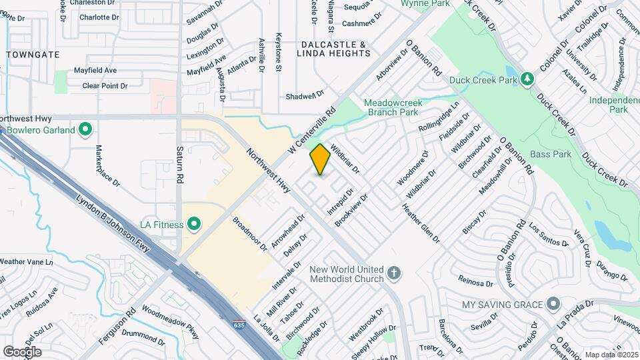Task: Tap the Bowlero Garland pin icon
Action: [85, 130]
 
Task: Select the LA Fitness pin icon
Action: [194, 225]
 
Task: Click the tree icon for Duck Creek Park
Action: [527, 79]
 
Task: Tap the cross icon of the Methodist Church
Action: [394, 273]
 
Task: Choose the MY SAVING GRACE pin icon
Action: [553, 305]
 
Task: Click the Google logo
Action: [22, 351]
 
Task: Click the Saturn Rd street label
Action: [179, 165]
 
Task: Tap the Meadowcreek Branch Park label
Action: [400, 107]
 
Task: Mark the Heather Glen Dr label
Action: [418, 221]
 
